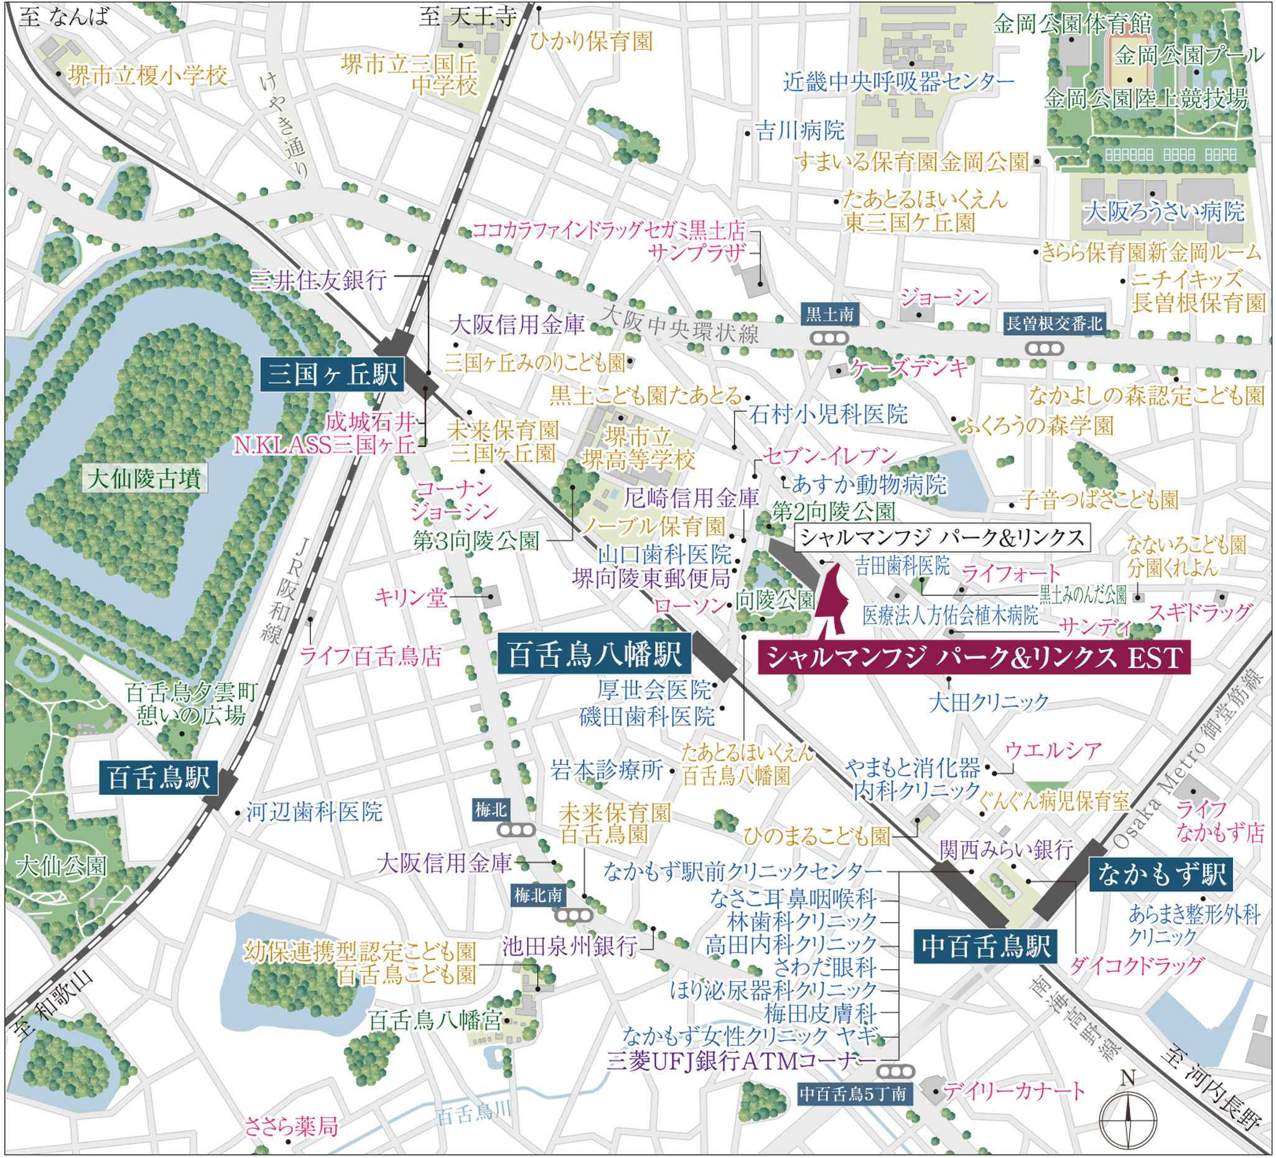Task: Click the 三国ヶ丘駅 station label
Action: [332, 374]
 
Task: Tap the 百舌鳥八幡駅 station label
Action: [594, 654]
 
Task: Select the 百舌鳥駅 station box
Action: [158, 777]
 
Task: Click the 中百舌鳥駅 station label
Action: [985, 947]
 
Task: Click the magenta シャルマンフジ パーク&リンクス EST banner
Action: [974, 658]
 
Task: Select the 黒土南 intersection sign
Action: [829, 314]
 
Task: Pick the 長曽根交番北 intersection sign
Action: [1054, 324]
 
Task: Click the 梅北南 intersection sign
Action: [538, 896]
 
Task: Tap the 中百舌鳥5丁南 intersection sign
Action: [852, 1093]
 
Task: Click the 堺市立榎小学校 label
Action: [147, 76]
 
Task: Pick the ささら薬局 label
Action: [291, 1127]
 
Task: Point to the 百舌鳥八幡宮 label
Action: [435, 1020]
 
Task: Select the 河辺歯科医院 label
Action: [315, 812]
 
